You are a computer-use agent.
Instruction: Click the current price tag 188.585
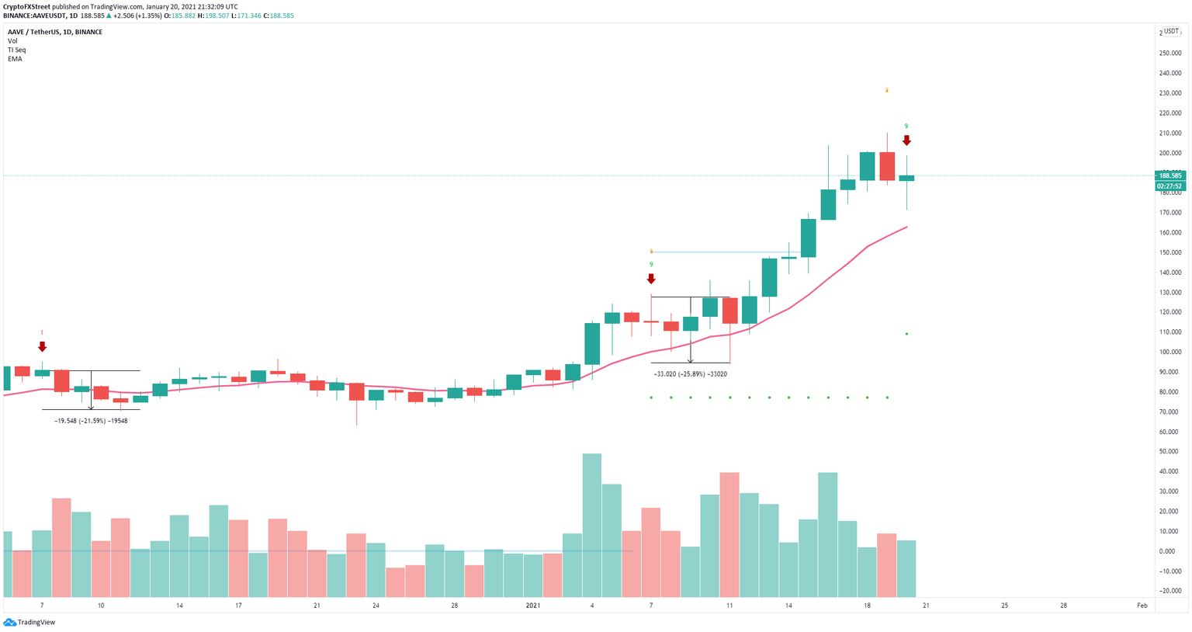(1169, 175)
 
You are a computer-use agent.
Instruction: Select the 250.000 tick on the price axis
(1169, 54)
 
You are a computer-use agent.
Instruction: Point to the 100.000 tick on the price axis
(1169, 352)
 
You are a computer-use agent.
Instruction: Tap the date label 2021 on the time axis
(532, 605)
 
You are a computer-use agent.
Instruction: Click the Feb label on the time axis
(1142, 605)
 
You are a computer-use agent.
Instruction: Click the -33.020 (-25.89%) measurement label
(691, 374)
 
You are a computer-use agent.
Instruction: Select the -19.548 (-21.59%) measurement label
(91, 421)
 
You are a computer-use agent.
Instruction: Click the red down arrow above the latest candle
(906, 141)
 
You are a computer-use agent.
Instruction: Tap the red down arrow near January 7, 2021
(651, 279)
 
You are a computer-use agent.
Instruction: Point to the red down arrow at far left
(42, 346)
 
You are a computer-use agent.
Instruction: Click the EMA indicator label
(15, 59)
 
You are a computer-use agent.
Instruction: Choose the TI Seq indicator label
(16, 50)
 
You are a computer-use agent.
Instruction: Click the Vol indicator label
(12, 41)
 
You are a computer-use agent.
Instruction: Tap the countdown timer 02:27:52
(1169, 186)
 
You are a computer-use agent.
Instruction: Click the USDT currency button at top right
(1173, 32)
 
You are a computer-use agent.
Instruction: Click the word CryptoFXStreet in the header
(27, 7)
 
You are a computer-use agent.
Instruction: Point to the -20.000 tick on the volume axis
(1169, 591)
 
